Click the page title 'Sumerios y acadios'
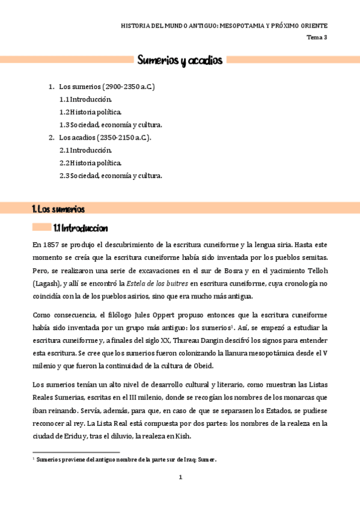180,60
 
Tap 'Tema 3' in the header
317,37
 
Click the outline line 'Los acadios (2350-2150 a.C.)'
105,137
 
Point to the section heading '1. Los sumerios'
58,209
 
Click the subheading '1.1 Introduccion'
80,228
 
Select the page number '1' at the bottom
180,477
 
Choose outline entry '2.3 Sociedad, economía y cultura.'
111,176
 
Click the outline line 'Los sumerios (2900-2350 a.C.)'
107,87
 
